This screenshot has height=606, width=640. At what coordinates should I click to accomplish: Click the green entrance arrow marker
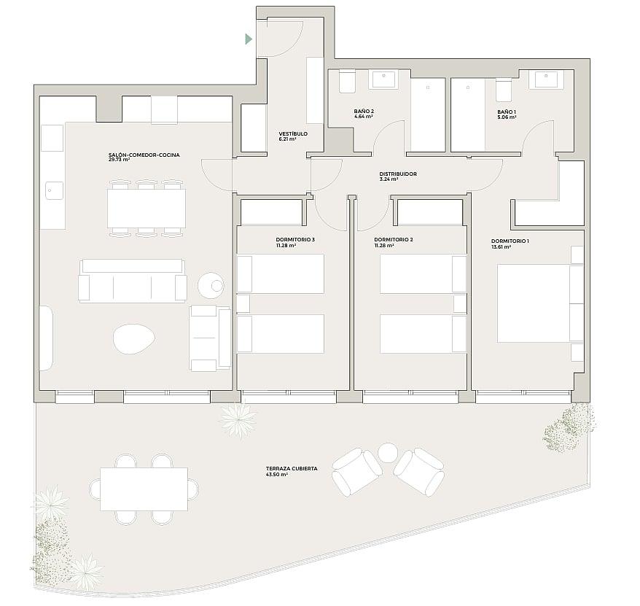coord(249,39)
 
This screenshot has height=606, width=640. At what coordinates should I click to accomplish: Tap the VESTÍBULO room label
coord(293,134)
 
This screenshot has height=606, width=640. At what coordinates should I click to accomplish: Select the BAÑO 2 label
coord(364,111)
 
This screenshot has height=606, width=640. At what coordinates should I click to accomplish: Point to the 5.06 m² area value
coord(507,117)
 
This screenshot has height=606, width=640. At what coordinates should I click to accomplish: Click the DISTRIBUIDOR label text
coord(398,174)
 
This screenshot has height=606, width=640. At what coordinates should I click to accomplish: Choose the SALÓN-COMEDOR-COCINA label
coord(144,155)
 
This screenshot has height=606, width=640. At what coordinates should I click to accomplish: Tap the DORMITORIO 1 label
coord(510,241)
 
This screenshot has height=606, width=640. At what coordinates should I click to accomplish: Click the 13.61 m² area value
coord(501,247)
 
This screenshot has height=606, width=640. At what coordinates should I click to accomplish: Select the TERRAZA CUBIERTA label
coord(292,469)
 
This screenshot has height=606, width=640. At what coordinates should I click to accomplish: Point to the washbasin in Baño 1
coord(546,79)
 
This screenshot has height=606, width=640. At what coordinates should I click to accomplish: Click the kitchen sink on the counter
coord(54,191)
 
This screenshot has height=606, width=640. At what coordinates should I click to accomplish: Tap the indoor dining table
coord(147,209)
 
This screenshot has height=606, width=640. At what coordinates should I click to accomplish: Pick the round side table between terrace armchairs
coord(388,452)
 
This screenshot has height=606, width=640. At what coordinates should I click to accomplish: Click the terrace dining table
coord(144,489)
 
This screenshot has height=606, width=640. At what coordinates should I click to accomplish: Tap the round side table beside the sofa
coord(211,285)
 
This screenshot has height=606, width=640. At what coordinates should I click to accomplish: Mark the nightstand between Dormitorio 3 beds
coord(243,304)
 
